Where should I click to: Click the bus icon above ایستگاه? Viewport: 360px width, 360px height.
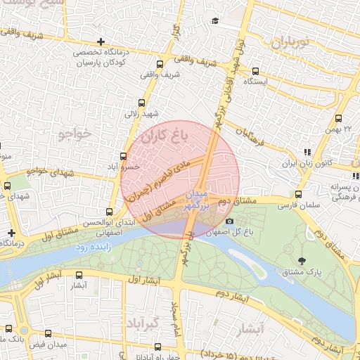point(255,71)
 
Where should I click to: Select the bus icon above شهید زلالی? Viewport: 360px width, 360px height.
point(141,102)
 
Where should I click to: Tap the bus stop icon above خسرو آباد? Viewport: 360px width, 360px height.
point(124,156)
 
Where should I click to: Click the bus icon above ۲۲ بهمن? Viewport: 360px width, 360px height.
point(339,119)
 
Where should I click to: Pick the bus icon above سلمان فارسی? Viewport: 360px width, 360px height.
point(298,195)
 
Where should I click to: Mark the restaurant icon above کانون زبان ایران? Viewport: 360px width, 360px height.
point(307,152)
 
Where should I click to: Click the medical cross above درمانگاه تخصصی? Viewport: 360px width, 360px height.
point(102,42)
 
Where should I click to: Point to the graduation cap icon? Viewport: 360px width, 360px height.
point(214,20)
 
